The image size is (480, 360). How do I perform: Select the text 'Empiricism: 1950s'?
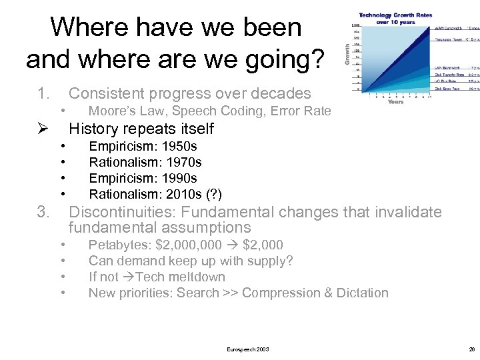pos(143,146)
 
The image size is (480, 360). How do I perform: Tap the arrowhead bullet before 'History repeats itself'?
pos(43,128)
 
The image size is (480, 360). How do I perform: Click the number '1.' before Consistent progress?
pos(44,93)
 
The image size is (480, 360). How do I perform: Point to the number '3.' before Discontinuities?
pos(44,213)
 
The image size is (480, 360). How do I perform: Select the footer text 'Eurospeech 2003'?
pos(248,349)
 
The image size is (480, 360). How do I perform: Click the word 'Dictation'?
pos(360,293)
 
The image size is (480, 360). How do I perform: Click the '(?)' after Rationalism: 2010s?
pos(213,194)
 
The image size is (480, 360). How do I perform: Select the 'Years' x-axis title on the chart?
pos(395,102)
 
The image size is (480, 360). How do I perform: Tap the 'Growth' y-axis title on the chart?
pos(347,54)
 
